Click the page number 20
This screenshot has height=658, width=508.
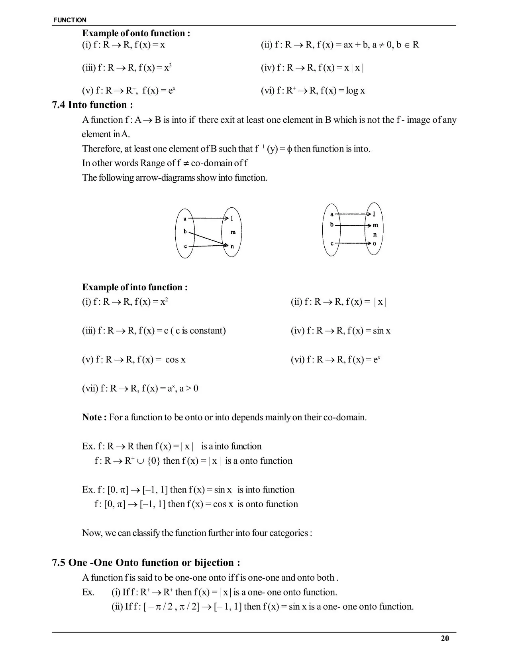pos(445,638)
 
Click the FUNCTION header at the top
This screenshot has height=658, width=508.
pos(70,20)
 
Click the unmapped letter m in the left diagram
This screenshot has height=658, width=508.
pos(233,232)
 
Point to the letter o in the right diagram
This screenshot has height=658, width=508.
pos(375,243)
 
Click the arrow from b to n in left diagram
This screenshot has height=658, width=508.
pos(207,238)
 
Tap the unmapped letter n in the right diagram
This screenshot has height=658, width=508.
pos(375,234)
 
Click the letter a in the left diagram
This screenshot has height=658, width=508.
pos(185,219)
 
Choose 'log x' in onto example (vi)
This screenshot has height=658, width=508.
pos(355,91)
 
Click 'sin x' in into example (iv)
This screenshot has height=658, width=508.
pos(382,331)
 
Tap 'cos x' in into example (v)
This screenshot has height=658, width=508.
pos(175,360)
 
